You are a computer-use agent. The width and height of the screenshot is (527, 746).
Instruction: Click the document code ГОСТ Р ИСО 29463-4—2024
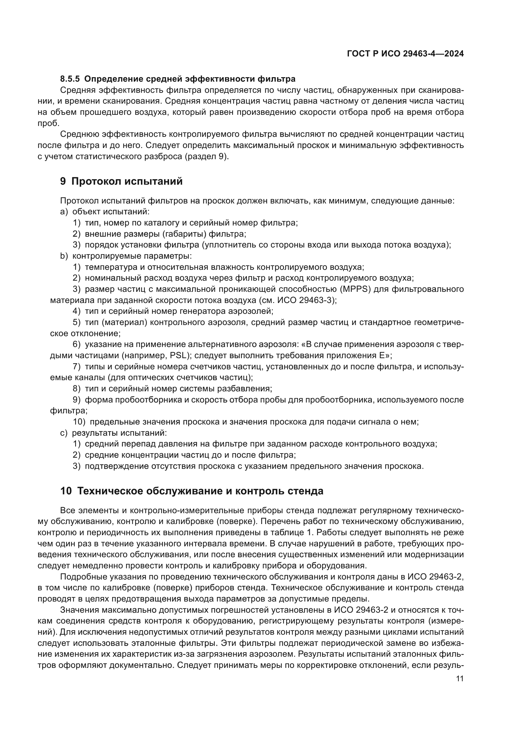point(405,54)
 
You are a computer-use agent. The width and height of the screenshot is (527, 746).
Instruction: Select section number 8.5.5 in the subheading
point(70,79)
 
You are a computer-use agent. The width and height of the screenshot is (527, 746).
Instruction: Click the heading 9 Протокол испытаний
point(121,181)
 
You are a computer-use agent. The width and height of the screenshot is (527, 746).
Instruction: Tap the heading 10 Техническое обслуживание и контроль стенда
point(192,491)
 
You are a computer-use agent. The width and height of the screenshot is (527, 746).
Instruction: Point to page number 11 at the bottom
point(460,679)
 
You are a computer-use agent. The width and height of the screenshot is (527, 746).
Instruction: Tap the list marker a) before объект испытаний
point(64,212)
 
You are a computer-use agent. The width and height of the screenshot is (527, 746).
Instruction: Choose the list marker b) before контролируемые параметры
point(64,256)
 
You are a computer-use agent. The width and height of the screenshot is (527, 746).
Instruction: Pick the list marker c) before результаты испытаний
point(64,433)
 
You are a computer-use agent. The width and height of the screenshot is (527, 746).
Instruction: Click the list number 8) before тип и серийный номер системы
point(76,388)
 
